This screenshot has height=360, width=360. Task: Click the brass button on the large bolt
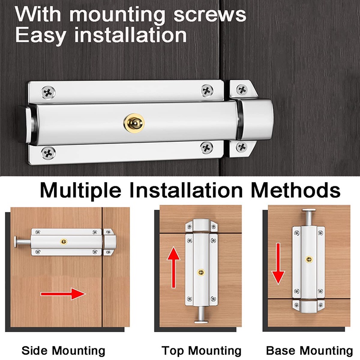pyautogui.click(x=134, y=123)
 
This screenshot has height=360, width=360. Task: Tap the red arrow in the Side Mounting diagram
pyautogui.click(x=63, y=294)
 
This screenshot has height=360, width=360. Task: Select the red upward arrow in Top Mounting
pyautogui.click(x=174, y=267)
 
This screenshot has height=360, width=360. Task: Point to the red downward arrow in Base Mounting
pyautogui.click(x=278, y=264)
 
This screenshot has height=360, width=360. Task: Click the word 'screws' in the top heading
pyautogui.click(x=210, y=15)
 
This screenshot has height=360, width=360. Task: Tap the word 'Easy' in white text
pyautogui.click(x=40, y=36)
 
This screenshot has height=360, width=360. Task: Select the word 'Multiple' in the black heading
pyautogui.click(x=81, y=190)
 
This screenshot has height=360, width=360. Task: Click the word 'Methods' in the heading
pyautogui.click(x=296, y=190)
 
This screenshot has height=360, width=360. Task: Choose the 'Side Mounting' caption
pyautogui.click(x=63, y=351)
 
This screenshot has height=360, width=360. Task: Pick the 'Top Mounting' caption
pyautogui.click(x=201, y=351)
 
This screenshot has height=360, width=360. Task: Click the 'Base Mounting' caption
pyautogui.click(x=309, y=351)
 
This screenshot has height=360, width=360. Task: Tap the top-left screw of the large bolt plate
pyautogui.click(x=48, y=92)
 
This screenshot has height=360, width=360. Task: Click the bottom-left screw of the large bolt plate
pyautogui.click(x=48, y=153)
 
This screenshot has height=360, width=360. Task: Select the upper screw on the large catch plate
pyautogui.click(x=242, y=89)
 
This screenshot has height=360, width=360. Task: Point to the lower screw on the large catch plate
pyautogui.click(x=242, y=147)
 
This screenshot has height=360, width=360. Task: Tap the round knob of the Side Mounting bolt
pyautogui.click(x=16, y=242)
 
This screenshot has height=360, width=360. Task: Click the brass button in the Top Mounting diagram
pyautogui.click(x=201, y=273)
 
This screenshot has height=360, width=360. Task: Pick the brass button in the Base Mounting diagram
pyautogui.click(x=309, y=260)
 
